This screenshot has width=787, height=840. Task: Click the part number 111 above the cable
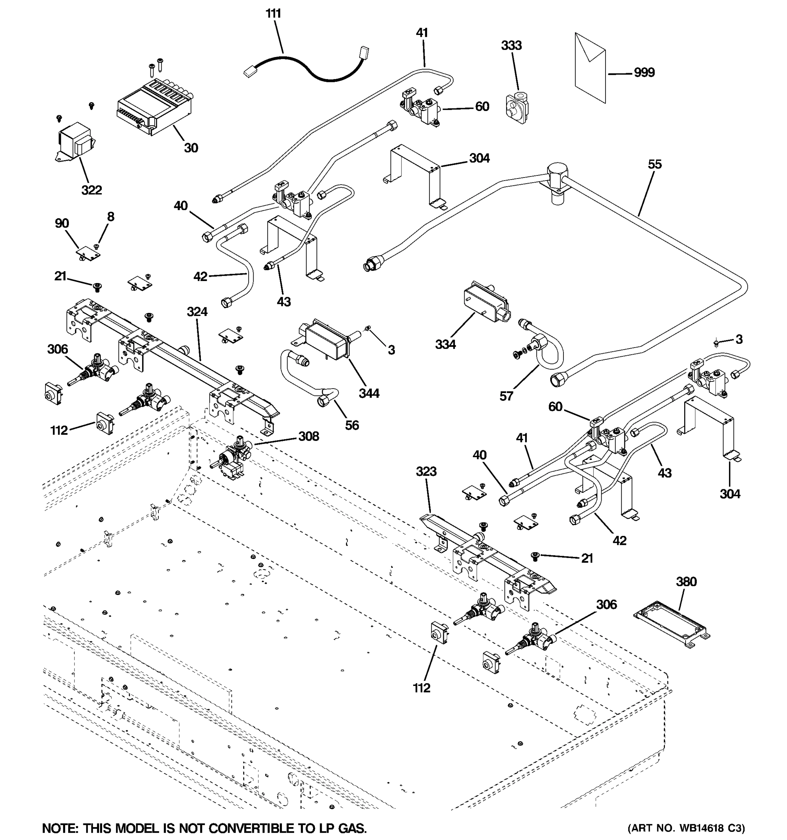pos(273,14)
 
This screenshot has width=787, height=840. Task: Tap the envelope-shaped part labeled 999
pos(590,68)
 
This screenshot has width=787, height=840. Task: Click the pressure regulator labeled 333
pos(516,108)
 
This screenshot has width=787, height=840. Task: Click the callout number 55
pos(654,164)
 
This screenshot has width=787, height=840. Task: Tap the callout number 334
pos(445,344)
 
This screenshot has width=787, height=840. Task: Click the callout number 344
pos(369,393)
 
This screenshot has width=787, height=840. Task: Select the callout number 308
pos(309,436)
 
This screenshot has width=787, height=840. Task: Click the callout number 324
pos(197,312)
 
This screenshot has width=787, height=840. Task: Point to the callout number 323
pos(426,471)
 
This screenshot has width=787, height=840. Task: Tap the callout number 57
pos(506,396)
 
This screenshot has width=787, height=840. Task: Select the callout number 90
pos(62,224)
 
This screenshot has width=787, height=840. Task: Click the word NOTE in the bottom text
pos(59,828)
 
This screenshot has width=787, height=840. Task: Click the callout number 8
pos(110,217)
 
